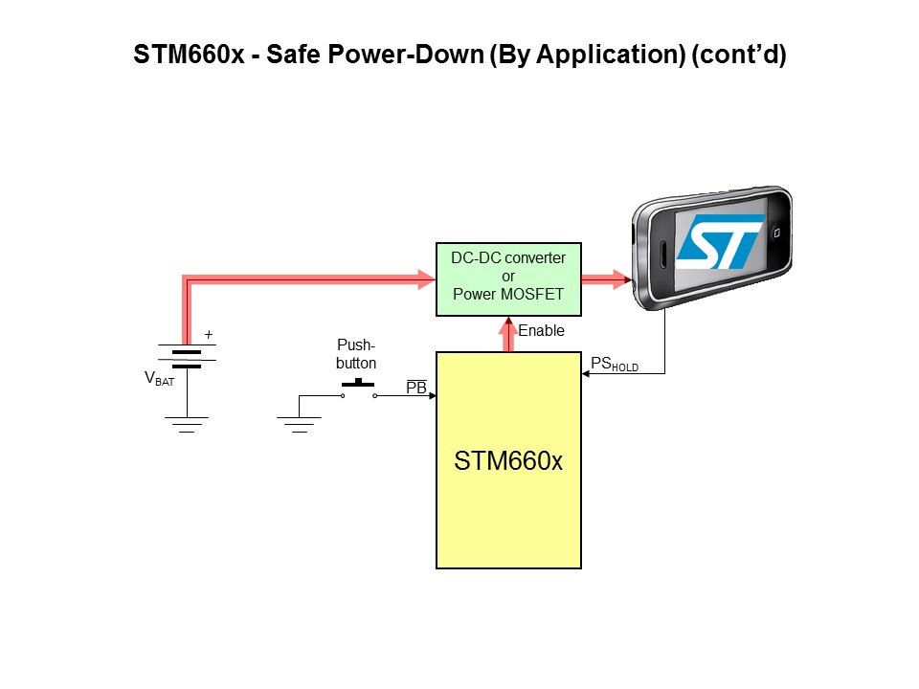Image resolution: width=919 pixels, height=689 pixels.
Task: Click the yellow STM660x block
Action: tap(508, 459)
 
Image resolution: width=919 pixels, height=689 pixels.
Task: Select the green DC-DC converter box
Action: tap(507, 278)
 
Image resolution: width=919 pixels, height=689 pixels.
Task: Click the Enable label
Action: tap(541, 331)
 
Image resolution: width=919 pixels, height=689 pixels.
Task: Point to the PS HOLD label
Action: tap(614, 365)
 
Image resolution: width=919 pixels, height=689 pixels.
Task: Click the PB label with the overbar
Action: tap(416, 387)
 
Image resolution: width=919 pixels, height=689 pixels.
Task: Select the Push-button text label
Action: tap(356, 355)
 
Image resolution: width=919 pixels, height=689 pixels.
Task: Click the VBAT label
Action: tap(159, 379)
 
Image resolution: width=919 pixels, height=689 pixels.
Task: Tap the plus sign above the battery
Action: tap(209, 336)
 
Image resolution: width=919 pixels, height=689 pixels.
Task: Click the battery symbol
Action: tap(187, 357)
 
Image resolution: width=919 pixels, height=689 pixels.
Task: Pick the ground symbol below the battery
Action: tap(187, 423)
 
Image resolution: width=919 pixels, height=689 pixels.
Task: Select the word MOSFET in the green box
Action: tap(533, 294)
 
